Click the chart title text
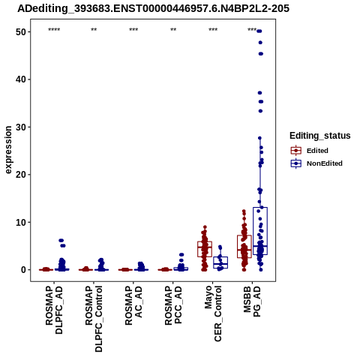coord(153,9)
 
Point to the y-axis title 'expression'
coord(8,150)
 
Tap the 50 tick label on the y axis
coord(21,32)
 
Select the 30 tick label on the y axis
coord(21,127)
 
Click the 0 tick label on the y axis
coord(24,270)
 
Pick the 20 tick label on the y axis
coord(21,175)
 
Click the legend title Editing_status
coord(320,136)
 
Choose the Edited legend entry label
coord(317,151)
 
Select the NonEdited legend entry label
coord(325,163)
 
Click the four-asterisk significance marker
coord(54,30)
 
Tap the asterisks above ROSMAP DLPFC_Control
coord(94,30)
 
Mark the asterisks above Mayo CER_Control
coord(213,30)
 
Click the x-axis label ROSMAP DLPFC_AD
coord(54,310)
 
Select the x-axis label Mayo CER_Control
coord(213,313)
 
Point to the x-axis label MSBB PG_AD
coord(252,301)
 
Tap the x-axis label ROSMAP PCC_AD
coord(173,305)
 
